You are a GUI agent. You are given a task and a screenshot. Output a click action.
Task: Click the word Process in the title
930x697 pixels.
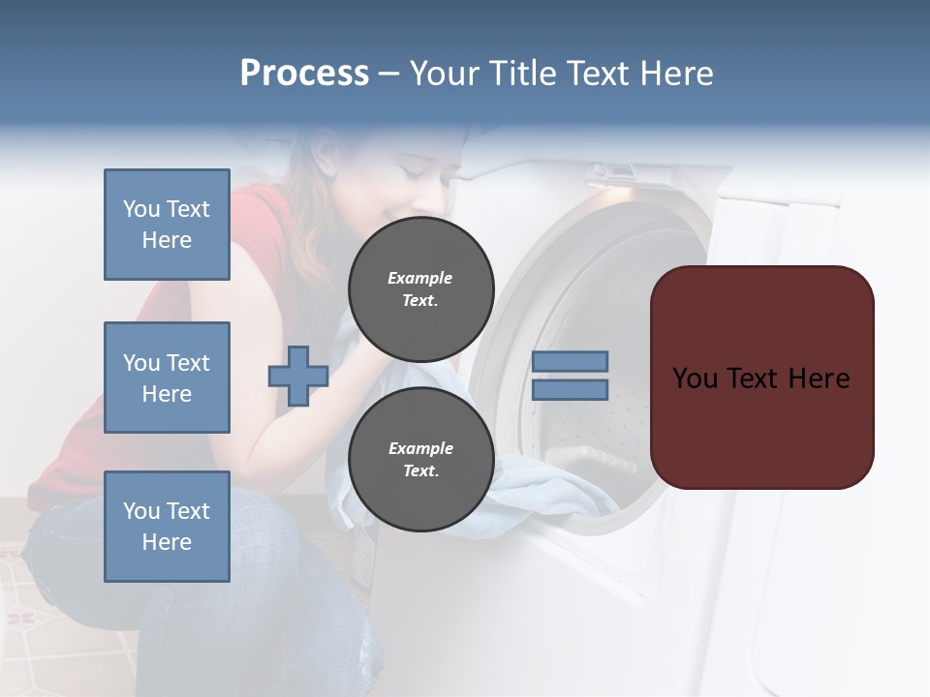pos(304,74)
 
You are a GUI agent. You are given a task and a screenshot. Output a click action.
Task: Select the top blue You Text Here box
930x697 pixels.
pos(167,225)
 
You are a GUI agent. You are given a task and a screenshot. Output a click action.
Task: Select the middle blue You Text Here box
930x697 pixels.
pos(167,378)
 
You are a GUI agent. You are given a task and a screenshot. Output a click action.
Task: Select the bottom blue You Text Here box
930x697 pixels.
pos(167,526)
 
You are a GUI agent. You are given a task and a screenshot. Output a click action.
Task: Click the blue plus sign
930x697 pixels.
pos(297,376)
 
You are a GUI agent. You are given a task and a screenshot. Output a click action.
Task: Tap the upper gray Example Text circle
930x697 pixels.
pos(420,288)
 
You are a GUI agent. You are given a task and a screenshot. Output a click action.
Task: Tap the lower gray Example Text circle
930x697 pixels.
pos(420,459)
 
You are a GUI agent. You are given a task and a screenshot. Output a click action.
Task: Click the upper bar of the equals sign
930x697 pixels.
pos(570,361)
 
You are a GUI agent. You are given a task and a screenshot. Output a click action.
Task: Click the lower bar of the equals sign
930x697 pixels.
pos(570,389)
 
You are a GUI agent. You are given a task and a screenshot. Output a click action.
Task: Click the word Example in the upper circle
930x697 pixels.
pos(420,278)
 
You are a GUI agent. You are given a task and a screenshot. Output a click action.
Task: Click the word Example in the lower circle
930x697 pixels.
pos(420,448)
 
